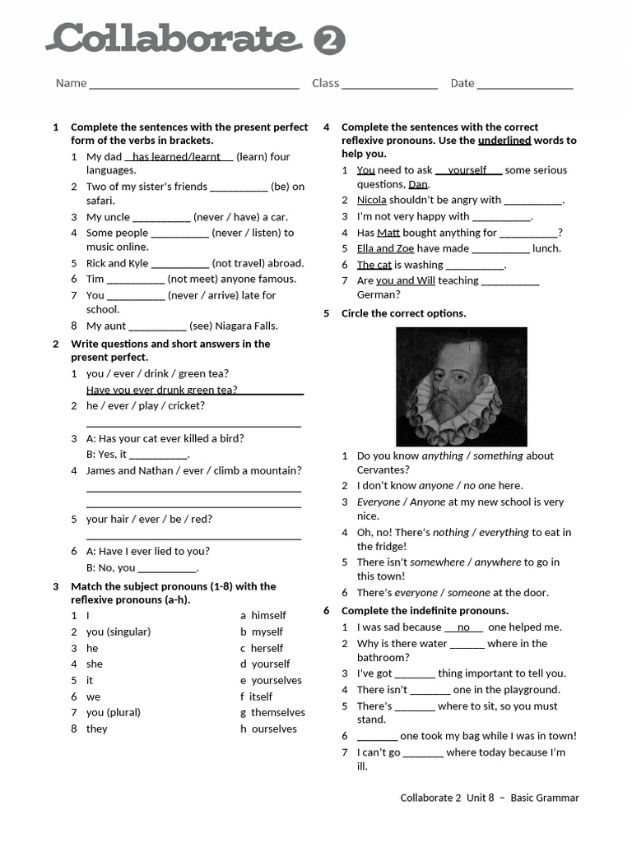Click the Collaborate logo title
pos(173,39)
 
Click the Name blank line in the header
pos(193,84)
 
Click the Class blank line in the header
pos(389,84)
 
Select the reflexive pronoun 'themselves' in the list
pos(277,713)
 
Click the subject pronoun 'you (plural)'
pos(113,713)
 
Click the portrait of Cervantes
pos(461,386)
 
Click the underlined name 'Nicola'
pos(371,200)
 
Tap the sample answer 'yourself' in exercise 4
pos(467,170)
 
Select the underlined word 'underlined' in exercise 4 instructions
pos(504,141)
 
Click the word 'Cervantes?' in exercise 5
pos(383,470)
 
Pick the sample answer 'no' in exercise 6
pos(463,627)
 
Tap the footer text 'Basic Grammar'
pos(544,798)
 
